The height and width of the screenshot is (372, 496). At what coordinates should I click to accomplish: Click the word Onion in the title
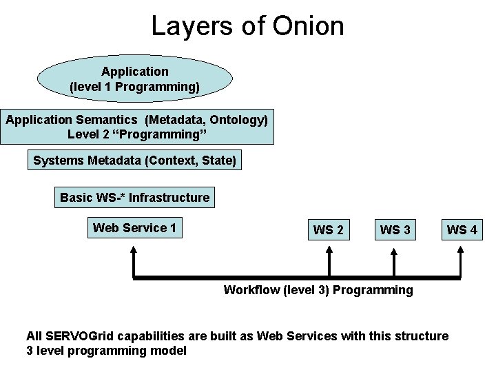pyautogui.click(x=308, y=26)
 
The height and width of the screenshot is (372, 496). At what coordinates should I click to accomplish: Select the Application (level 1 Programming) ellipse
pyautogui.click(x=135, y=79)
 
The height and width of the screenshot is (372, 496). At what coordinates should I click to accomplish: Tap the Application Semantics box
pyautogui.click(x=137, y=127)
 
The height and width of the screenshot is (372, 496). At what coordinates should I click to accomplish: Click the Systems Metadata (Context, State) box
pyautogui.click(x=135, y=161)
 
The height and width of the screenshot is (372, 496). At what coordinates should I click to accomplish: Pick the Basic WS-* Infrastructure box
pyautogui.click(x=134, y=198)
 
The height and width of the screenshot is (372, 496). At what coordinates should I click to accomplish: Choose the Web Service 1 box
pyautogui.click(x=135, y=228)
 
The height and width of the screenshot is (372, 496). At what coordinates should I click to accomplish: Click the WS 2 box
pyautogui.click(x=328, y=230)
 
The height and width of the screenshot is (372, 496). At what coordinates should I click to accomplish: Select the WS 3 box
pyautogui.click(x=395, y=230)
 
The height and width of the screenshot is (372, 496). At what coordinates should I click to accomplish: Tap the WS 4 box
pyautogui.click(x=462, y=230)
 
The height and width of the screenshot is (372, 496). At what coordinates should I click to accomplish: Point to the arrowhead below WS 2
pyautogui.click(x=330, y=252)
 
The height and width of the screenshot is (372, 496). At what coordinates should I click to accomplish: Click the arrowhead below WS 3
pyautogui.click(x=393, y=252)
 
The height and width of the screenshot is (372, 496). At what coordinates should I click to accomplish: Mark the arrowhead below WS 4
pyautogui.click(x=459, y=252)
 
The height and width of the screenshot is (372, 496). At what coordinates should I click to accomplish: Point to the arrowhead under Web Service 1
pyautogui.click(x=134, y=252)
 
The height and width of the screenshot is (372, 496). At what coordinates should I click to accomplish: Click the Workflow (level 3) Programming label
pyautogui.click(x=318, y=290)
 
